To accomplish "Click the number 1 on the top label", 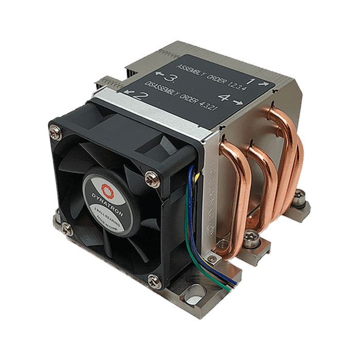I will coord(250,81).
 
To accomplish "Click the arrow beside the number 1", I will coord(263,82).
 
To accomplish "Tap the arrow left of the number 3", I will coord(158,76).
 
